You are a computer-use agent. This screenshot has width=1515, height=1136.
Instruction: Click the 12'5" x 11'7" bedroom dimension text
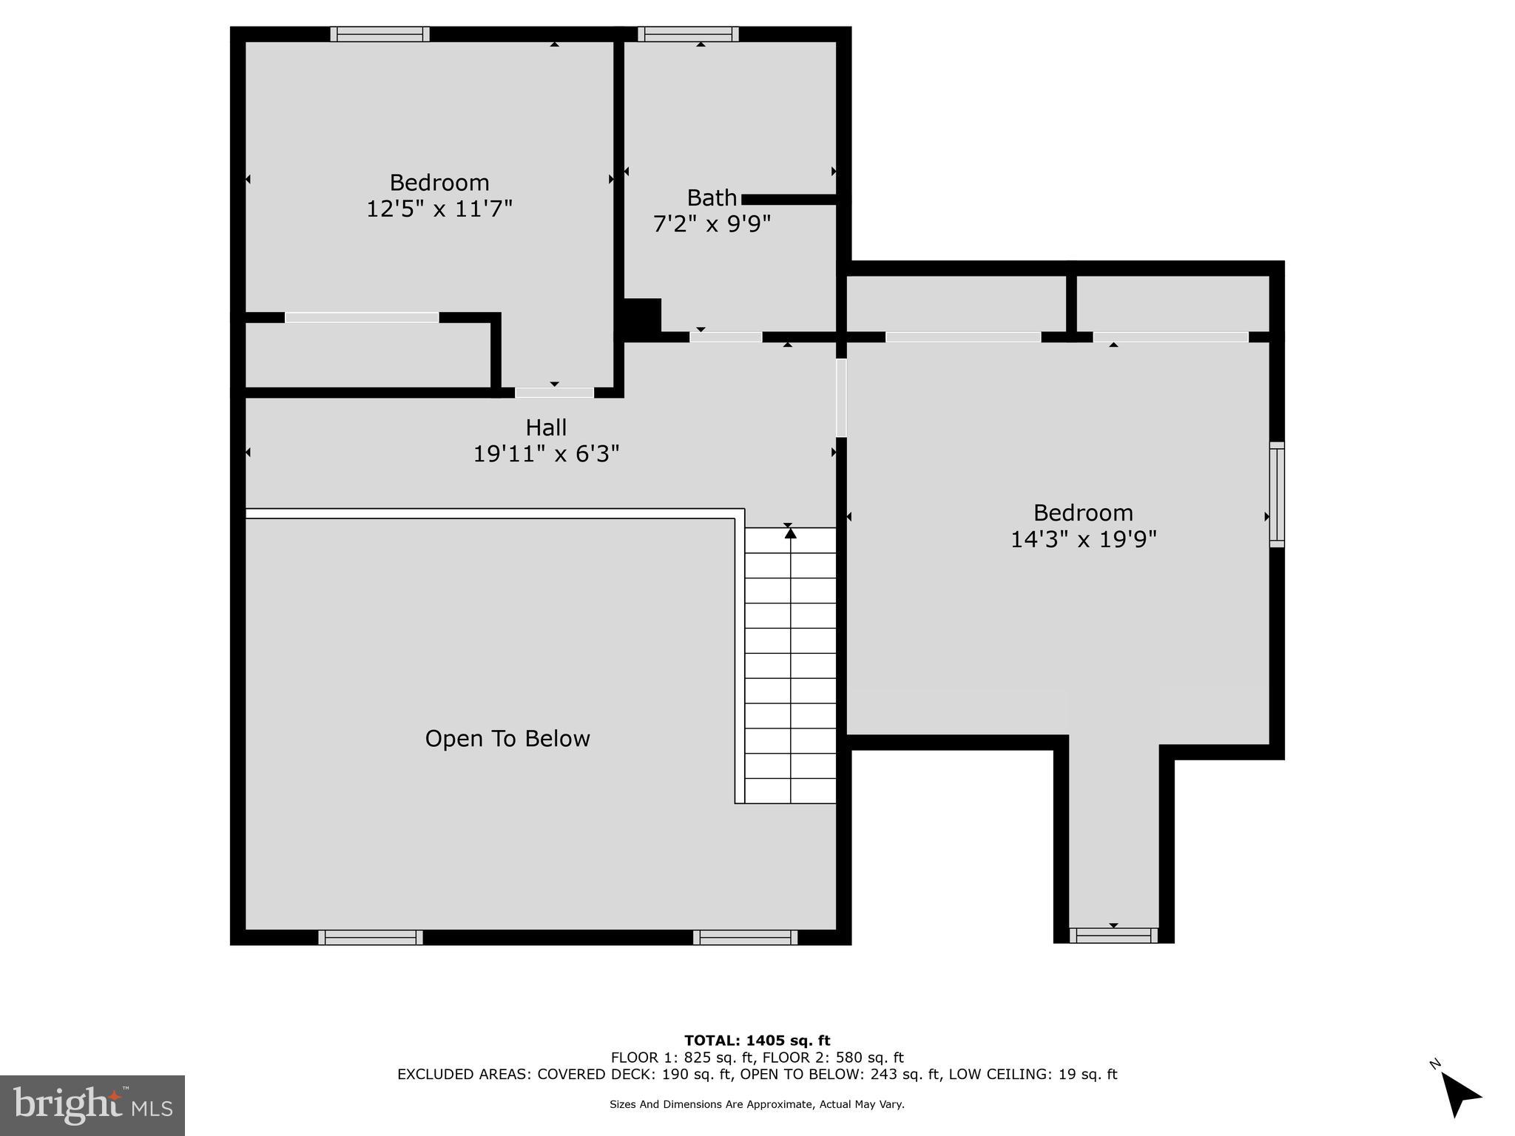pos(439,209)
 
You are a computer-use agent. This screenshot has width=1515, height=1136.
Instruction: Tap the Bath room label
pos(712,198)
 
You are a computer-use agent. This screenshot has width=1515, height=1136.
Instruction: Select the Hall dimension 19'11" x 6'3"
pos(546,453)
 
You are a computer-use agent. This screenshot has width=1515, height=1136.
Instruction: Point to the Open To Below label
pos(507,739)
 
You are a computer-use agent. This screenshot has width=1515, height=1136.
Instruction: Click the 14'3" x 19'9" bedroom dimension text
pos(1083,540)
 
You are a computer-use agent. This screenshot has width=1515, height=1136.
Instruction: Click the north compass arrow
pos(1459,1095)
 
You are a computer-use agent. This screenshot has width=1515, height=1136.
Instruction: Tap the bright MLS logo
pos(92,1105)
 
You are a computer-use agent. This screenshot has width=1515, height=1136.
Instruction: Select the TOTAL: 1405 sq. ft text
pos(757,1041)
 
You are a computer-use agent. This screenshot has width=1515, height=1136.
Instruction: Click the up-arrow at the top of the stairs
pos(790,532)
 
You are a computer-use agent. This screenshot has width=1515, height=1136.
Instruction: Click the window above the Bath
pos(688,34)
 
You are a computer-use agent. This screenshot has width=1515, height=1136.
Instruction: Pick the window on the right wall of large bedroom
pos(1277,494)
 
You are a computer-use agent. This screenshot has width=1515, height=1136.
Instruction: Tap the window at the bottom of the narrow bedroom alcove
pos(1113,936)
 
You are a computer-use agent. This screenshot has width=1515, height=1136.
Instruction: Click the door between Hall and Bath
pos(726,337)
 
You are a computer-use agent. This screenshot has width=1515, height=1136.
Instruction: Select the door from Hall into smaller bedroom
pos(554,393)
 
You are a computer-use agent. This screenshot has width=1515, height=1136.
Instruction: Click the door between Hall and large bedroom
pos(841,398)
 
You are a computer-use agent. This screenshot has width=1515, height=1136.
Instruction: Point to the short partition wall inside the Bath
pos(789,200)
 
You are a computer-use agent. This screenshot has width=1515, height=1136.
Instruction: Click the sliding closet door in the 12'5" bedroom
pos(362,318)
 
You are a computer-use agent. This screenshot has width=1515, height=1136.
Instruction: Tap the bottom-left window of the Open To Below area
pos(371,938)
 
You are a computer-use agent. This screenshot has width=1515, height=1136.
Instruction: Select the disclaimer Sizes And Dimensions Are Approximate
pos(757,1104)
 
